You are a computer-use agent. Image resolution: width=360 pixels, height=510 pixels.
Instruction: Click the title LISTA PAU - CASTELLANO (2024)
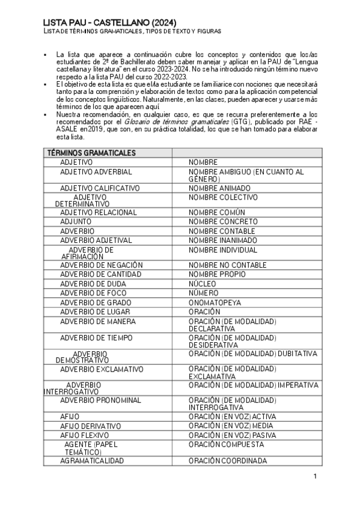tap(109, 22)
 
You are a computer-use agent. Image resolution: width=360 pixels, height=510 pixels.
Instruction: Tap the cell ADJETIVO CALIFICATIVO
tap(99, 188)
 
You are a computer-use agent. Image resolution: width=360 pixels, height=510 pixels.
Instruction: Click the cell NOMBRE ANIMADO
tap(219, 188)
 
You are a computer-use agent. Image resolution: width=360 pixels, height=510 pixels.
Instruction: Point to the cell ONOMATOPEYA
tap(215, 303)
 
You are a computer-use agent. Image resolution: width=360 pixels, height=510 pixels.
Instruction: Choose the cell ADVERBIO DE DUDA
tap(93, 283)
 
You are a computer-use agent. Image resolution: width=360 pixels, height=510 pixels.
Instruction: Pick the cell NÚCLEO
tap(203, 283)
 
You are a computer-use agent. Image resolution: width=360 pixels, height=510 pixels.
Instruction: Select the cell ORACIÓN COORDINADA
tap(228, 461)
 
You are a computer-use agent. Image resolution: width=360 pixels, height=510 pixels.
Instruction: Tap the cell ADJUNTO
tap(76, 221)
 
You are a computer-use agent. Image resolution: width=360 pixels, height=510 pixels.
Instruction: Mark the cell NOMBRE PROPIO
tap(216, 274)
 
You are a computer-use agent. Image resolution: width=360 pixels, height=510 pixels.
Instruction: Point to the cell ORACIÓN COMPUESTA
tap(226, 444)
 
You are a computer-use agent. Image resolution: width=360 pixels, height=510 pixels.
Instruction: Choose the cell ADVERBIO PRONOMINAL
tap(100, 400)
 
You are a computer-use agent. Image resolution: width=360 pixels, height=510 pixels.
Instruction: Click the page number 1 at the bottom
tap(314, 476)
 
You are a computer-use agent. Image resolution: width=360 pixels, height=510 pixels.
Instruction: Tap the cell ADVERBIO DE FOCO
tap(93, 293)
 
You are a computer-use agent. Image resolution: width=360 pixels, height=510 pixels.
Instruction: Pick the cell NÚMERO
tap(203, 293)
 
